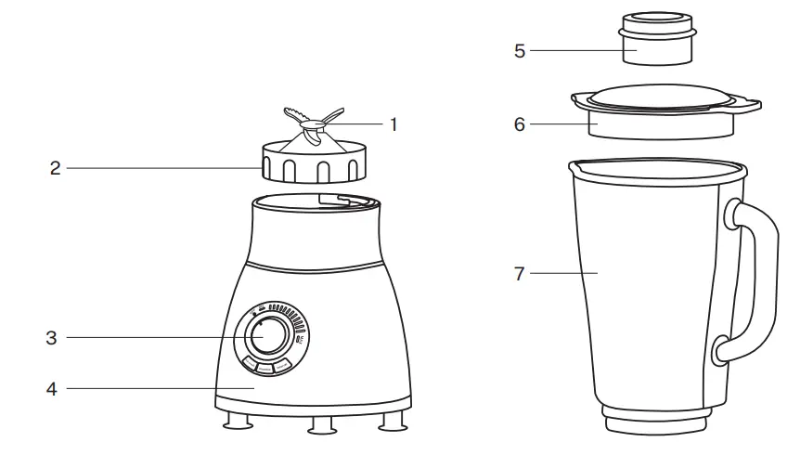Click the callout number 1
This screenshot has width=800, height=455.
tap(394, 123)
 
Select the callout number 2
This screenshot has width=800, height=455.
tap(55, 168)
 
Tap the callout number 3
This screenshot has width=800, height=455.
tap(52, 338)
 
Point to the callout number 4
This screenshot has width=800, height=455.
tap(52, 389)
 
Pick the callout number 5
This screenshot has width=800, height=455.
tap(520, 50)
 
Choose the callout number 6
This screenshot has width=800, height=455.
tap(520, 123)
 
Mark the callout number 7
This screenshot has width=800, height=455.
tap(520, 274)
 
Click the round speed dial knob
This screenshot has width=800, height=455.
tap(268, 335)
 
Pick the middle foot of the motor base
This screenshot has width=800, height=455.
tap(324, 425)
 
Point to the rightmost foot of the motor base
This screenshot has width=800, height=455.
tap(393, 423)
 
